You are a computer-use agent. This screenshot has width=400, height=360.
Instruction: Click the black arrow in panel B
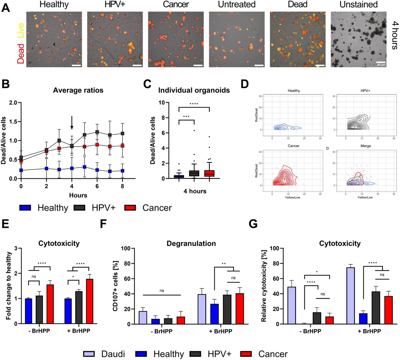click(72, 123)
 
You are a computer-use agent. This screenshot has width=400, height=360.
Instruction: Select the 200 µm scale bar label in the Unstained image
click(381, 65)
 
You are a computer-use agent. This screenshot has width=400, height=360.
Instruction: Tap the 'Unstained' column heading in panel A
click(358, 5)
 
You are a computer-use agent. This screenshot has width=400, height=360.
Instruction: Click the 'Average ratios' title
click(78, 90)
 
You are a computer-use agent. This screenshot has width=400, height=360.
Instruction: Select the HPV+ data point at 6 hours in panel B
click(97, 132)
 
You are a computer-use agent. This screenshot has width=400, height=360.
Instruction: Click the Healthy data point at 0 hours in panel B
click(21, 170)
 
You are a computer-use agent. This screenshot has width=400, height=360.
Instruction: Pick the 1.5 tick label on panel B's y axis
click(13, 122)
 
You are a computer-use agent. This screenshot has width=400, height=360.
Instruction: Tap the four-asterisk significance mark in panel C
click(194, 104)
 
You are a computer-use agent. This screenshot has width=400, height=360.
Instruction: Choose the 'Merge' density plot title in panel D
click(366, 146)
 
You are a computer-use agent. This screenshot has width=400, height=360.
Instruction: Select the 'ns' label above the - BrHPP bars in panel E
click(34, 277)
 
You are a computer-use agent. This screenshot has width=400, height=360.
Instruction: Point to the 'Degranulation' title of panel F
click(191, 243)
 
